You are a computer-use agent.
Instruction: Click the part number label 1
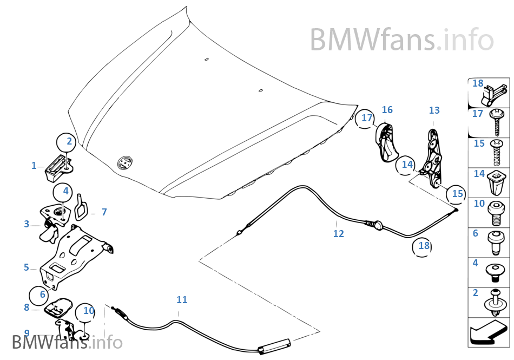pos(34,166)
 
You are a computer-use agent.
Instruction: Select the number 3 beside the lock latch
pos(27,224)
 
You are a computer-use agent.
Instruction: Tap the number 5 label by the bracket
pos(27,267)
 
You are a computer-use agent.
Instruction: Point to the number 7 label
pos(104,212)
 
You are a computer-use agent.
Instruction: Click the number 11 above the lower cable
pos(182,299)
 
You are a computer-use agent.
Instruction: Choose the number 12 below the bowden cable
pos(339,234)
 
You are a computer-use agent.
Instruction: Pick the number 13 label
pos(434,110)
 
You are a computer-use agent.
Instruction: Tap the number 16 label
pos(387,110)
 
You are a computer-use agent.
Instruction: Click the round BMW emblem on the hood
pos(125,162)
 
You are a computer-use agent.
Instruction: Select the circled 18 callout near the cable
pos(424,246)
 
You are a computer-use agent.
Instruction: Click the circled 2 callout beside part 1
pos(69,142)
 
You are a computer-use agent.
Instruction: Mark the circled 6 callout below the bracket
pos(42,294)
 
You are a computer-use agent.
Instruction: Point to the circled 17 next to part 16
pos(367,118)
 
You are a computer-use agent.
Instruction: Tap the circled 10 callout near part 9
pos(88,311)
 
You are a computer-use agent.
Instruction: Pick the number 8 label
pos(27,307)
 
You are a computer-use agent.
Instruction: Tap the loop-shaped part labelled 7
pos(82,205)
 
